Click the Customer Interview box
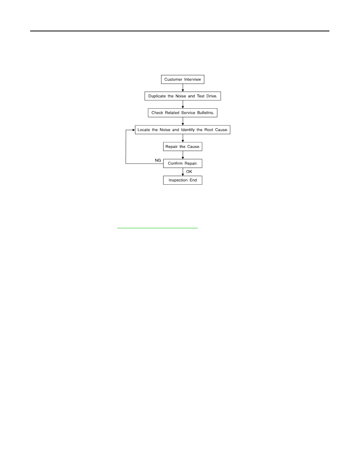182,79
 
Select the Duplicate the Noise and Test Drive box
183,96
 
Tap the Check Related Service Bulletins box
183,113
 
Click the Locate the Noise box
183,129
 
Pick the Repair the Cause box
183,147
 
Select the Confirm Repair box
183,164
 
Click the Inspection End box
183,180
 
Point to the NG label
158,160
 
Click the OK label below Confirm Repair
189,171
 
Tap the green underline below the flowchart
157,228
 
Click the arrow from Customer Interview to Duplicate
183,88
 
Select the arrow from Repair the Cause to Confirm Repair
183,155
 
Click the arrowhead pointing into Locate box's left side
134,130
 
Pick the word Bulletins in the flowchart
205,113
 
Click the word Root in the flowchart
209,129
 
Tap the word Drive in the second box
212,96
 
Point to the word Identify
188,130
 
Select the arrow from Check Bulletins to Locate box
183,121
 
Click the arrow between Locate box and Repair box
183,138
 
